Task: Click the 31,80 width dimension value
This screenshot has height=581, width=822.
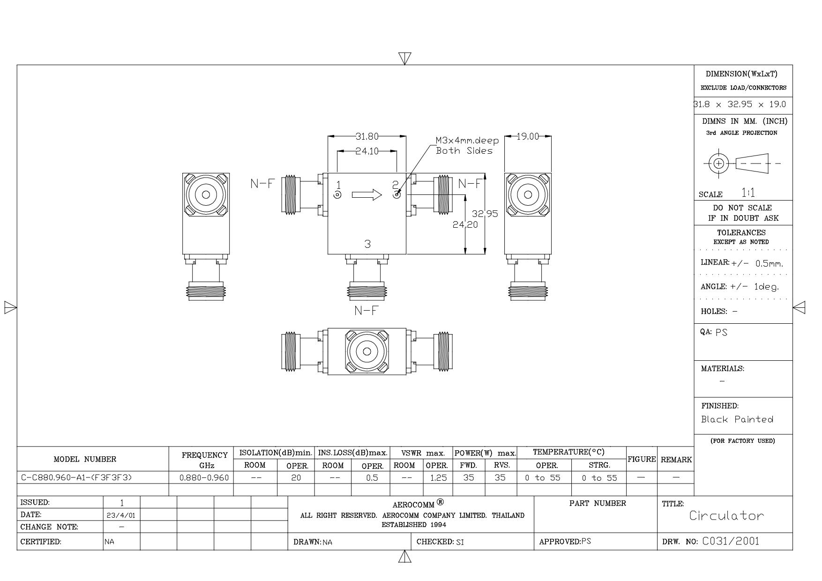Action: (366, 136)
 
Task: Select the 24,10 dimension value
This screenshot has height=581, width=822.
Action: (367, 151)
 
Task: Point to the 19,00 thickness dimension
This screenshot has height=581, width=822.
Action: (528, 136)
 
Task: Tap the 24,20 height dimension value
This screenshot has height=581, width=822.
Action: (465, 224)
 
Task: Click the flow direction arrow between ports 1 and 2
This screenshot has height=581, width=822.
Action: (367, 194)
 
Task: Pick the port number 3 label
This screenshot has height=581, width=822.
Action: (368, 244)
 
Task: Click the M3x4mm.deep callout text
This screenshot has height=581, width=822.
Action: (467, 141)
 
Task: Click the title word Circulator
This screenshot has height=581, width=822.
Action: (726, 516)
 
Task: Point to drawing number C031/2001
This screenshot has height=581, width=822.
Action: (731, 541)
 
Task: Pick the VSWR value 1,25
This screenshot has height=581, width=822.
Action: (438, 478)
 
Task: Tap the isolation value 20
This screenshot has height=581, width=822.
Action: (296, 478)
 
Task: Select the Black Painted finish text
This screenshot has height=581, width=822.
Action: (737, 419)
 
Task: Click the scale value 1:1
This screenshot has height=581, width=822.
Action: (748, 192)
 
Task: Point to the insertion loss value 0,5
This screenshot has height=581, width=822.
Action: (372, 478)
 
